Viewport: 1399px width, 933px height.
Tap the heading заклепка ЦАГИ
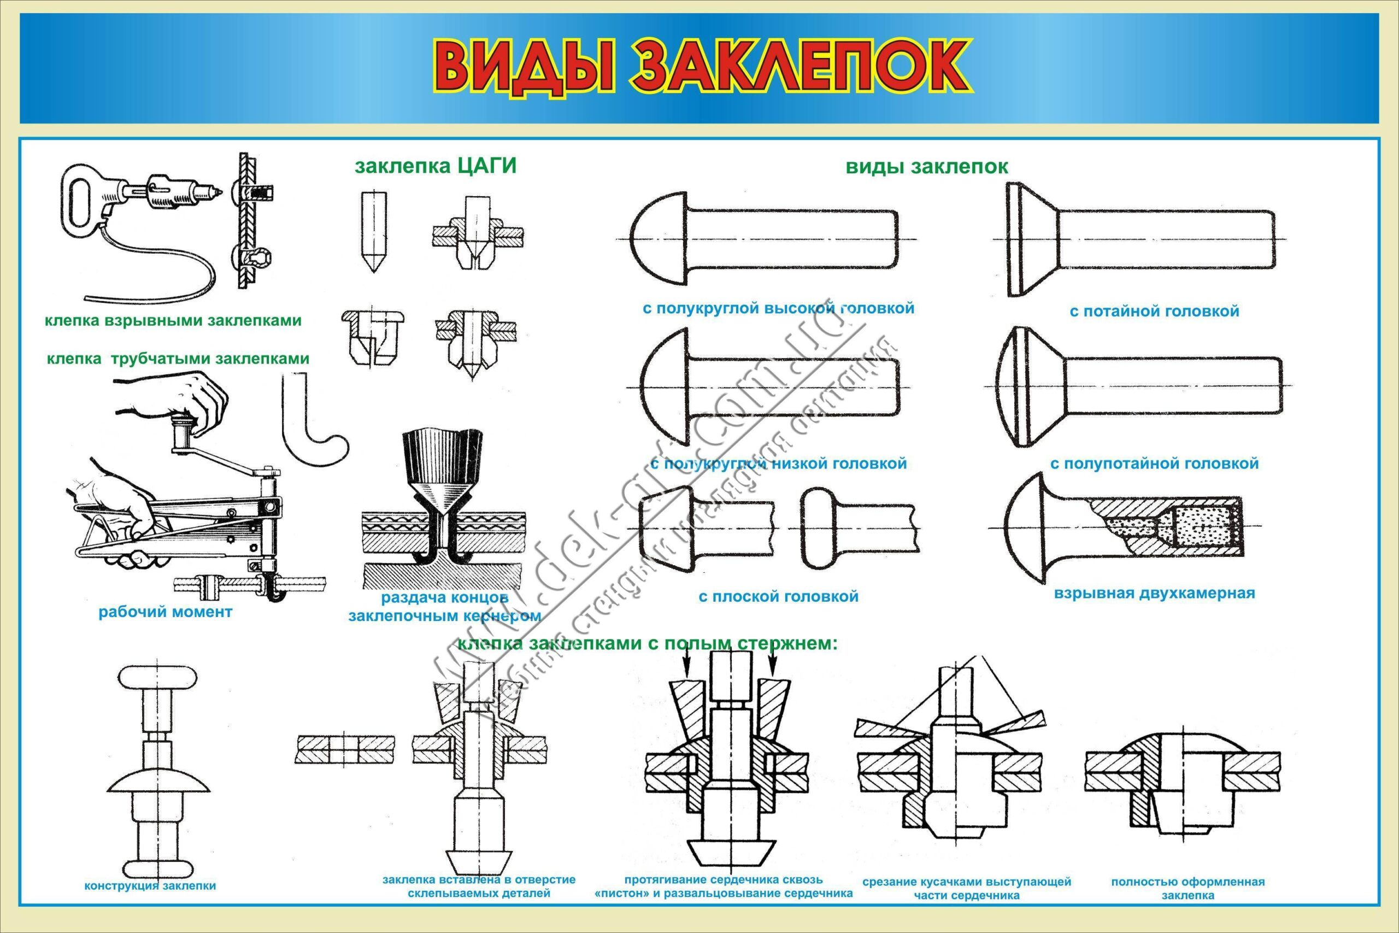click(436, 166)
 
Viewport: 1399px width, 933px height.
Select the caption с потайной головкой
click(1154, 311)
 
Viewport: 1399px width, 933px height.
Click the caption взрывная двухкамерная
click(1155, 593)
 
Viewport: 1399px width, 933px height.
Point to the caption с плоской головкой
click(779, 596)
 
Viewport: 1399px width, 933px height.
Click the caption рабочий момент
click(166, 612)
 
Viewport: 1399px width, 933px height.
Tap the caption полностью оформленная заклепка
click(1188, 887)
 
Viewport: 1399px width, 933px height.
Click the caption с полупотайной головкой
click(1155, 463)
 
